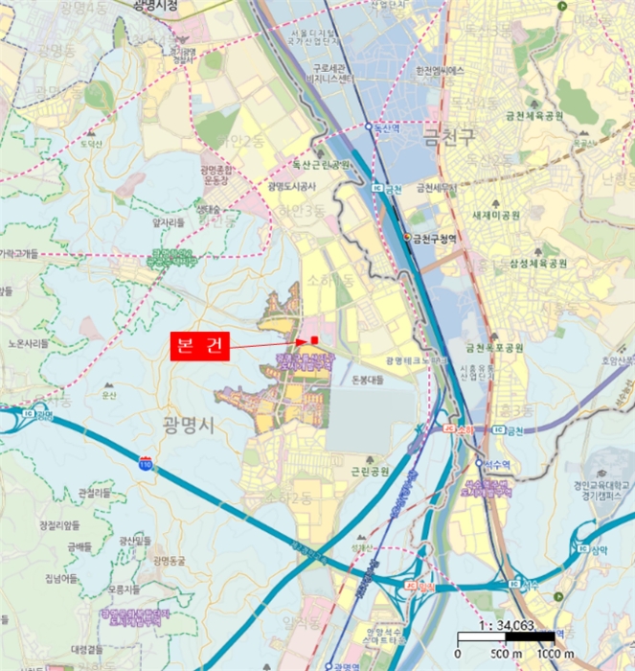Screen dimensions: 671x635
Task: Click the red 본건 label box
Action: pos(200,346)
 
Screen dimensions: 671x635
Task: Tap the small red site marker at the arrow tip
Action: pos(313,339)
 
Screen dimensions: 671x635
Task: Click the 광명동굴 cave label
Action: pos(172,560)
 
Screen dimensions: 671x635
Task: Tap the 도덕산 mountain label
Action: pos(91,143)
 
